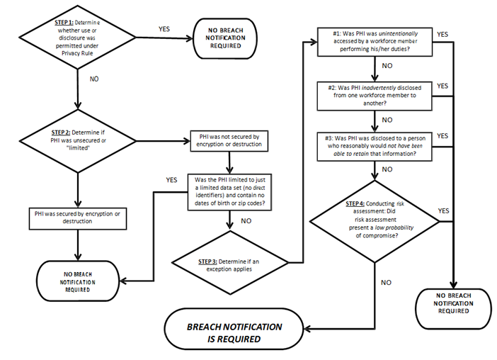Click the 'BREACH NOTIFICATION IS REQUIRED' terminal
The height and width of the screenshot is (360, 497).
pos(234,332)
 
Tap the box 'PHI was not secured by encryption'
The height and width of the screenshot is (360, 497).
pos(230,140)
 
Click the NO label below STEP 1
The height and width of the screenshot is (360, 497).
pos(94,79)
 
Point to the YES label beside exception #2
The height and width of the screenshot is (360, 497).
pos(443,86)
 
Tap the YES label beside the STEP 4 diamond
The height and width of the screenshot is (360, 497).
pos(443,210)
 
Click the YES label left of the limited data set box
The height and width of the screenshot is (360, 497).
pos(171,179)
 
